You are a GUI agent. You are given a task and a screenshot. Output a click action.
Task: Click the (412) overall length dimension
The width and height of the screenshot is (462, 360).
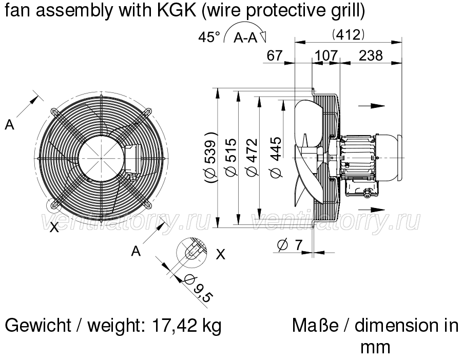coord(348,35)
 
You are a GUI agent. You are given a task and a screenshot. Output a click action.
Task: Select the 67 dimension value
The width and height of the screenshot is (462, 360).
coord(275,55)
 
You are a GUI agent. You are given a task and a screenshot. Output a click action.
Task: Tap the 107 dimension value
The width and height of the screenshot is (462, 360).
coord(326,55)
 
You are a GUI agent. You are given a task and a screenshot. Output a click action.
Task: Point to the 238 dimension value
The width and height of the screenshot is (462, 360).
coord(371,55)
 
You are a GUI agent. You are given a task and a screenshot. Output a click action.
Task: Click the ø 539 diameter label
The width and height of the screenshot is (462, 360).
coord(211,158)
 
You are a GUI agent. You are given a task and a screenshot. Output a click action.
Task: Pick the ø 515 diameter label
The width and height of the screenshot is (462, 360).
coord(231,158)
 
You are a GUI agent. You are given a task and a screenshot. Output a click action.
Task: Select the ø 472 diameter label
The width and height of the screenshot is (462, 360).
coord(252,158)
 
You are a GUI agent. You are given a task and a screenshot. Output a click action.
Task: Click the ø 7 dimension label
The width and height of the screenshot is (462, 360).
coord(290,245)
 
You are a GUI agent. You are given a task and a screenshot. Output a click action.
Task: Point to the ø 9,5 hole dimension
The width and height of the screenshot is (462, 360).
coord(198,289)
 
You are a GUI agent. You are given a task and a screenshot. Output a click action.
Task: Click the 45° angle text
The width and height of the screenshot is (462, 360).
coord(209,37)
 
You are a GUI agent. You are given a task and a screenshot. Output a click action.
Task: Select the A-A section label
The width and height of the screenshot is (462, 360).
coord(245,38)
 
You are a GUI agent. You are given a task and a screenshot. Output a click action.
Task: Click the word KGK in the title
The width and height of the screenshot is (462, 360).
coord(177,10)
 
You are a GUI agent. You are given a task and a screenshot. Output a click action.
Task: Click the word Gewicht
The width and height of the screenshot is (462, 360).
coord(38,325)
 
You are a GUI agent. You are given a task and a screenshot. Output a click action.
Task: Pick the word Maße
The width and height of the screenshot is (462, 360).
coord(315,325)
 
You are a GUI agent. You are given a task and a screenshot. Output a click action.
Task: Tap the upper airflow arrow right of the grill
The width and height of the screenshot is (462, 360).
coord(372,106)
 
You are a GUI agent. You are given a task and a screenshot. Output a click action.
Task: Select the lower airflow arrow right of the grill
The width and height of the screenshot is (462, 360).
coord(372,210)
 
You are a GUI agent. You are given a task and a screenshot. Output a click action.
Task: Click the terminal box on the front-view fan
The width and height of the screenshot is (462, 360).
coord(132,159)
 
